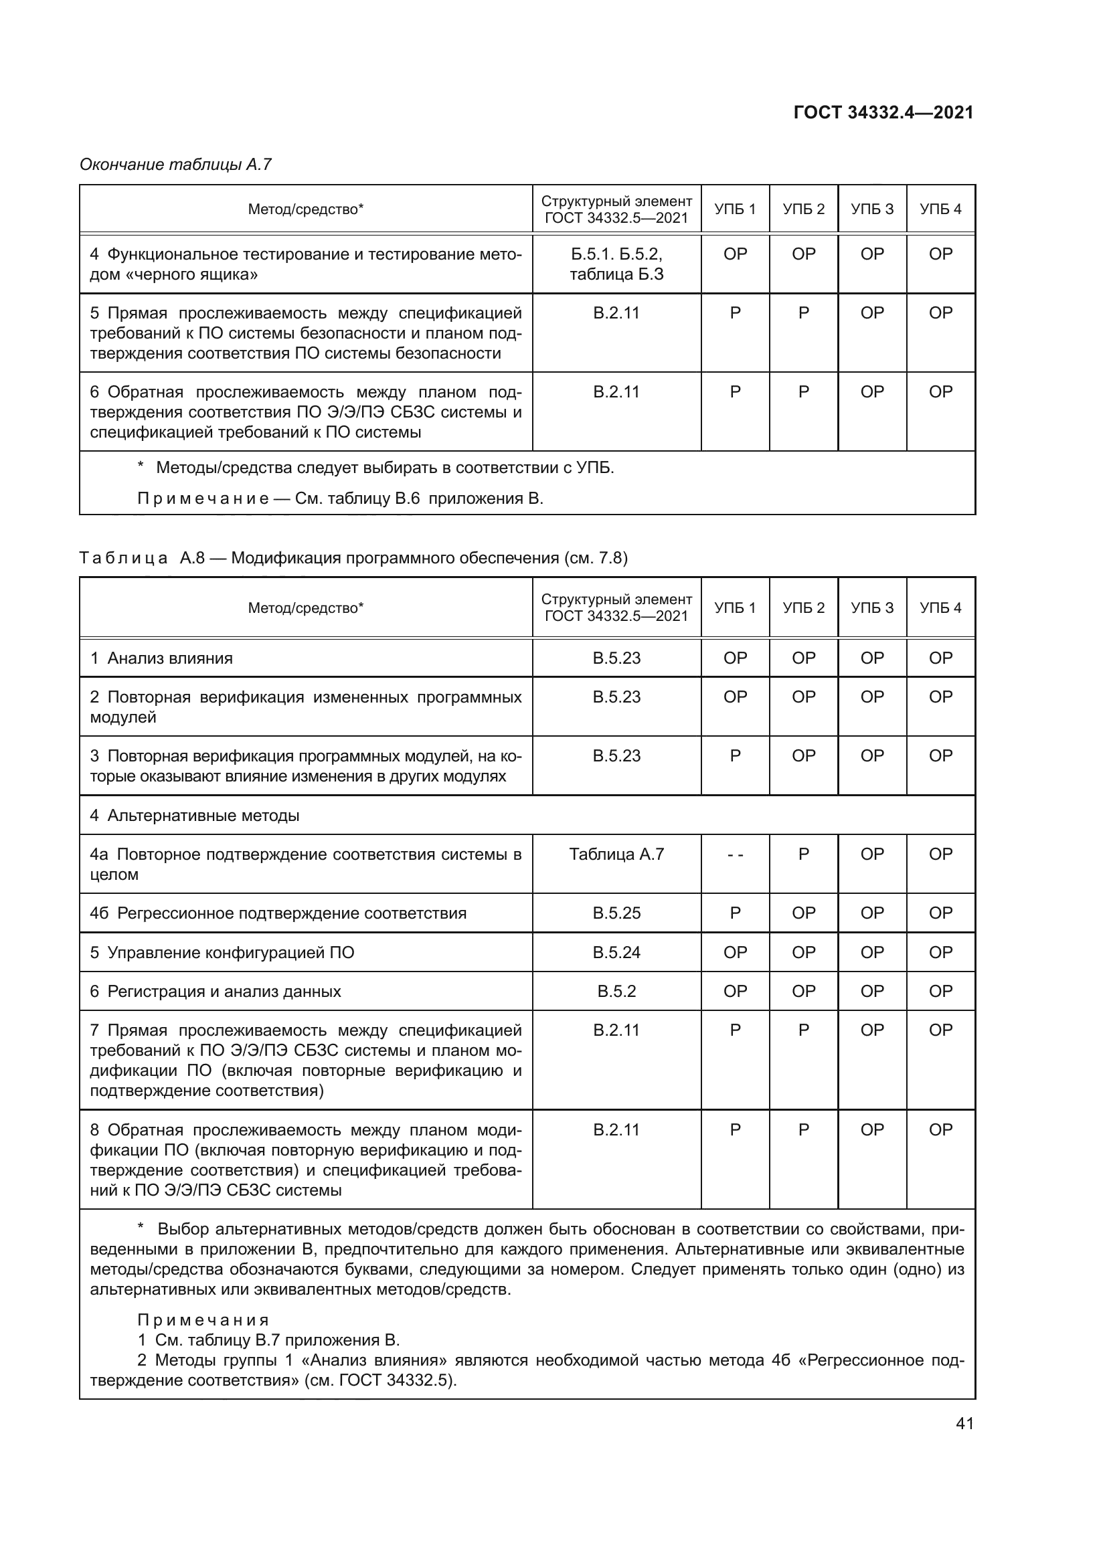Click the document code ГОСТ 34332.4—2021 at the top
pyautogui.click(x=883, y=112)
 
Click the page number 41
pyautogui.click(x=964, y=1423)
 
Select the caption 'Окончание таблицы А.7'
pyautogui.click(x=175, y=165)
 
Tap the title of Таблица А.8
pyautogui.click(x=353, y=558)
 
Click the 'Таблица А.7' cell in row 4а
pyautogui.click(x=616, y=854)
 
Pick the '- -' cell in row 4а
pyautogui.click(x=735, y=854)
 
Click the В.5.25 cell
pyautogui.click(x=616, y=913)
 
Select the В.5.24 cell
pyautogui.click(x=616, y=952)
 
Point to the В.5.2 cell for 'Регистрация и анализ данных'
pyautogui.click(x=616, y=991)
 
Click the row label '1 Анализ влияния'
pyautogui.click(x=161, y=658)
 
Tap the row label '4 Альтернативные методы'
pyautogui.click(x=195, y=815)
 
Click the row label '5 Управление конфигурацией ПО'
pyautogui.click(x=222, y=952)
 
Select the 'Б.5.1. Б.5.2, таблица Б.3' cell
pyautogui.click(x=616, y=264)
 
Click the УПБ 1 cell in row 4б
pyautogui.click(x=735, y=913)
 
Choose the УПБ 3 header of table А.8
pyautogui.click(x=872, y=608)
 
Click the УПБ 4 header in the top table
pyautogui.click(x=940, y=209)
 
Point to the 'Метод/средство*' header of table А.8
pyautogui.click(x=305, y=608)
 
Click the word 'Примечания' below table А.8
pyautogui.click(x=203, y=1320)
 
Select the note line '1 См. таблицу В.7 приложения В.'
pyautogui.click(x=268, y=1340)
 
